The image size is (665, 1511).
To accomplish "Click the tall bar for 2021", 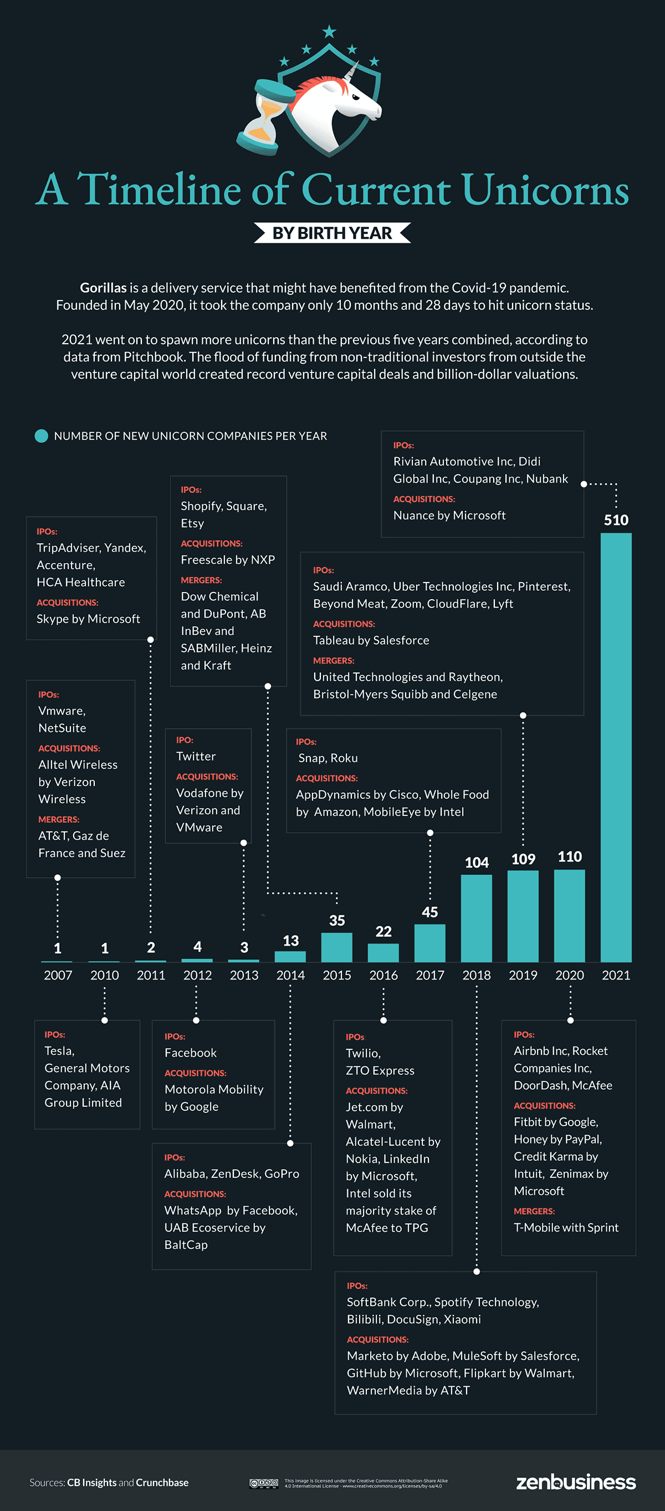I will tap(616, 745).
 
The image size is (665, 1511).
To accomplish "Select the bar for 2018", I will tap(476, 917).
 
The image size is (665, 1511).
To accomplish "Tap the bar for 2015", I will tap(336, 947).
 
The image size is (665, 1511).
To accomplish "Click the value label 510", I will tap(616, 520).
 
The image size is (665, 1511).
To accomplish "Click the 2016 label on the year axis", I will tap(383, 975).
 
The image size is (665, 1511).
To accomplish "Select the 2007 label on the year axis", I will tap(58, 975).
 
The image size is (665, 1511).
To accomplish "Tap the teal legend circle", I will tap(41, 436).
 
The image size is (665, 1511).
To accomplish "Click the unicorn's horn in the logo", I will tap(352, 72).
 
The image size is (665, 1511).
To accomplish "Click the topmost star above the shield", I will tap(329, 30).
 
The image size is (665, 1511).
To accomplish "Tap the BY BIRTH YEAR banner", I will tap(332, 233).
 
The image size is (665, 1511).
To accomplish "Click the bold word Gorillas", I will tap(103, 288).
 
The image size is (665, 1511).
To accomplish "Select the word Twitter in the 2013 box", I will tap(196, 756).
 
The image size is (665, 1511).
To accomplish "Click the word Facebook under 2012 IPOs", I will tap(191, 1052).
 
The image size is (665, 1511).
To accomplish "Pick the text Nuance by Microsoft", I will tap(449, 515).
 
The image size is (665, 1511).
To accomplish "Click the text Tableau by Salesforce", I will tap(371, 640).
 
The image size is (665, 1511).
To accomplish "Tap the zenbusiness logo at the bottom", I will tap(575, 1482).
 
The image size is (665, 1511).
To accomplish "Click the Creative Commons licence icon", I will tap(263, 1483).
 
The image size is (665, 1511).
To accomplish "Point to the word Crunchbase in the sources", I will tap(162, 1482).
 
